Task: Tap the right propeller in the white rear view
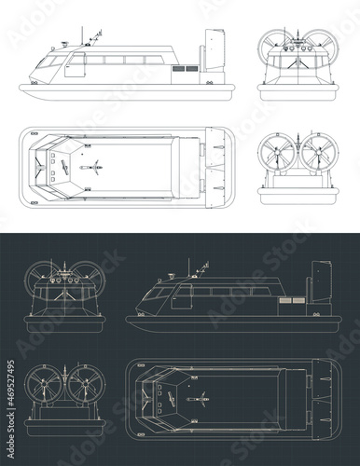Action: click(x=315, y=153)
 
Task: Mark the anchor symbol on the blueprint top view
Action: click(x=200, y=398)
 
